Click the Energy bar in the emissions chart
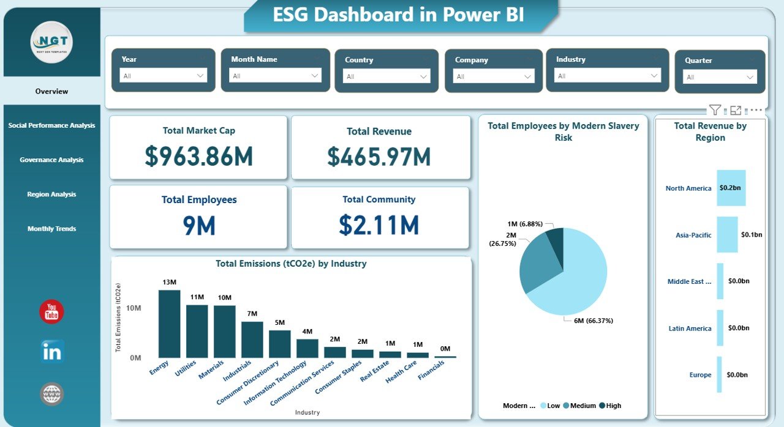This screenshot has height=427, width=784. point(169,324)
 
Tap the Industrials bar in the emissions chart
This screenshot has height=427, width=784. point(252,340)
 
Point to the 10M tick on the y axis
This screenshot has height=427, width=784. point(133,308)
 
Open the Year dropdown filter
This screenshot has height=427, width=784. point(163,76)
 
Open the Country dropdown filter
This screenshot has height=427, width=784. point(386,76)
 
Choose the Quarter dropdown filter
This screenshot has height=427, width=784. point(720,77)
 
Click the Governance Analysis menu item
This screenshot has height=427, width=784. point(51,160)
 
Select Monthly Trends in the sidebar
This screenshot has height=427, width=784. point(51,229)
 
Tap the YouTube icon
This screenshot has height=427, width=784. point(51,312)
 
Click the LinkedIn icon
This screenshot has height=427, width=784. point(51,352)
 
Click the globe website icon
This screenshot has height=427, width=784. point(51,394)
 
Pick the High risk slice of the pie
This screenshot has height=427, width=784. point(555,239)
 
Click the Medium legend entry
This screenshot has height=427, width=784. point(582,406)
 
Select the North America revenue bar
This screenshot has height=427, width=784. point(731,188)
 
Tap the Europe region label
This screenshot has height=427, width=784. point(700,375)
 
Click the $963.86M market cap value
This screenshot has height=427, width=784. point(198,157)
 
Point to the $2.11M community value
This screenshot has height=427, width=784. point(379,225)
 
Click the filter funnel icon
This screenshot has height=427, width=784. point(715,110)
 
